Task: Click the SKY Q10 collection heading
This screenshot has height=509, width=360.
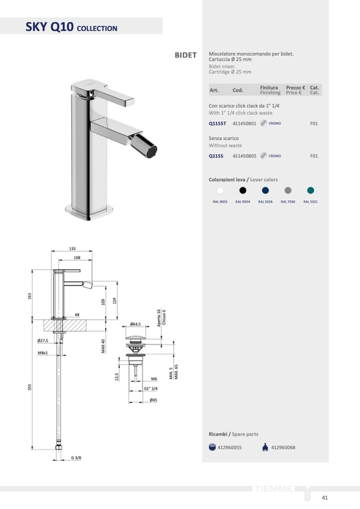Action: tap(71, 27)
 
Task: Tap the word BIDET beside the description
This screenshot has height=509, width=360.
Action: tap(186, 55)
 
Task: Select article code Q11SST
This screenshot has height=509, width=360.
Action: tap(217, 123)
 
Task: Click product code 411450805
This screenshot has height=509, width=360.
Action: tap(244, 156)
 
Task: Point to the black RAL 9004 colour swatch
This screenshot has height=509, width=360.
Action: tap(243, 190)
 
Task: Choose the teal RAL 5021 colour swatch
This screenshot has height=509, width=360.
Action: tap(310, 190)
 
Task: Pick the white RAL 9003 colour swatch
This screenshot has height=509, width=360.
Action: tap(220, 190)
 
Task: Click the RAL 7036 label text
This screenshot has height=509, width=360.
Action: tap(288, 202)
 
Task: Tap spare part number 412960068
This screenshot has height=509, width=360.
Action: tap(283, 447)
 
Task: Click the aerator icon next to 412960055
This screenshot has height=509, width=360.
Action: tap(212, 447)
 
